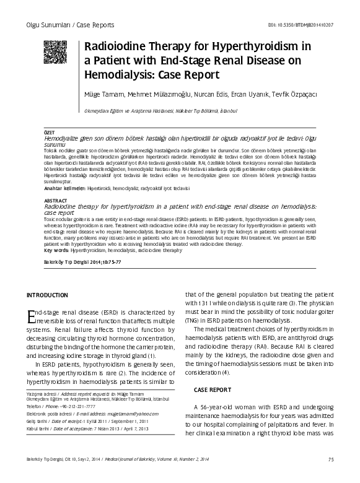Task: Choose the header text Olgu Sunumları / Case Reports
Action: click(68, 25)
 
